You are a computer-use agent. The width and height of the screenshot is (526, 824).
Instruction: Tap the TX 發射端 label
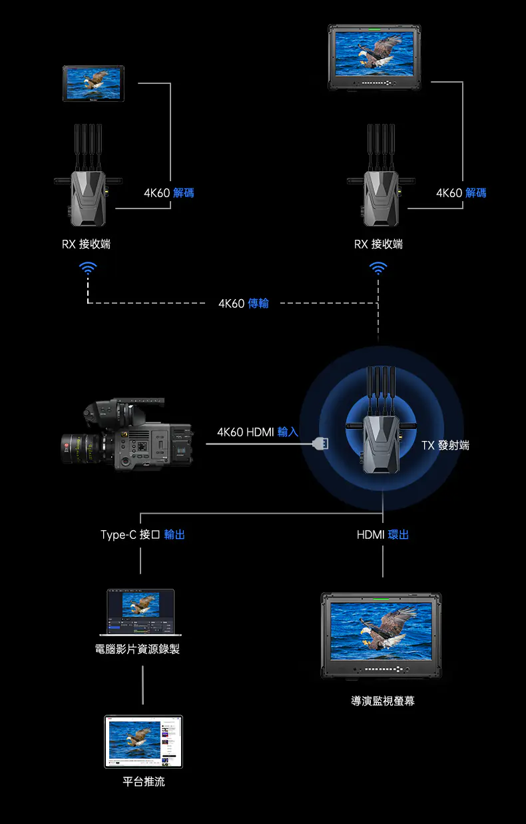coord(445,445)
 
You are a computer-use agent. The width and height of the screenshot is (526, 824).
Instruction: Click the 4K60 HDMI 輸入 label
coord(257,432)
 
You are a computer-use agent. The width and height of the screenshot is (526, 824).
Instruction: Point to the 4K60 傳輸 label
coord(244,304)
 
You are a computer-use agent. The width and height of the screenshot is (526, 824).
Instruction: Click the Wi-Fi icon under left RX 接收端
coord(88,268)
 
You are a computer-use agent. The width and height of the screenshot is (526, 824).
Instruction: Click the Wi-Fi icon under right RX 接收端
coord(378,268)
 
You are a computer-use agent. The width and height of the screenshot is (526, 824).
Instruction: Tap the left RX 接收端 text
coord(87,244)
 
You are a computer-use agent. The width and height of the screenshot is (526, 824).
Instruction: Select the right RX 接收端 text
coord(378,244)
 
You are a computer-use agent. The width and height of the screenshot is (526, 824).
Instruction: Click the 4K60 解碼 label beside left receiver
coord(169,193)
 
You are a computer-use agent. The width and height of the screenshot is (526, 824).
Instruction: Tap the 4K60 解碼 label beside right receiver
coord(461,193)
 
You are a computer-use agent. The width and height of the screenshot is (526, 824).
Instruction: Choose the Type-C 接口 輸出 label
coord(142,535)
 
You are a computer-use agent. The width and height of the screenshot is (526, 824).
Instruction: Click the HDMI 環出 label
coord(383,535)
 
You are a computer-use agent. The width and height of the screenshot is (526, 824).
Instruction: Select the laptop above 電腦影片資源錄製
coord(141,612)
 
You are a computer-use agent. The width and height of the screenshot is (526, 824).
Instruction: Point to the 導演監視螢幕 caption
coord(383,701)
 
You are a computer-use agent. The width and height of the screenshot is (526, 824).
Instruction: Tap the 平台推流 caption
coord(144,781)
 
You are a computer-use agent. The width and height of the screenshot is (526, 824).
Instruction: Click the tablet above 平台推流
coord(144,741)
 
